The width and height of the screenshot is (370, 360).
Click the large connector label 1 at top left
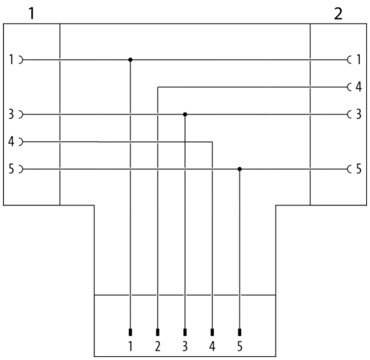tap(31, 14)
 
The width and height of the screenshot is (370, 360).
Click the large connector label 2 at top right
tap(338, 14)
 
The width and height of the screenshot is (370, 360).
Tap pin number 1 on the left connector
tap(11, 60)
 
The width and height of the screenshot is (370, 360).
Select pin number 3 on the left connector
tap(11, 114)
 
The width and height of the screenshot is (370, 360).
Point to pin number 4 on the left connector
tap(11, 141)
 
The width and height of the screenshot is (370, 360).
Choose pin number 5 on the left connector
tap(12, 169)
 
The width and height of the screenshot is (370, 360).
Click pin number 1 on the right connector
tap(358, 60)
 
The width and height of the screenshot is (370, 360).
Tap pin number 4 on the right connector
tap(359, 87)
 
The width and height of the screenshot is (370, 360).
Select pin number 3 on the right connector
tap(359, 114)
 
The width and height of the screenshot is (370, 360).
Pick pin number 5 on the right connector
tap(359, 169)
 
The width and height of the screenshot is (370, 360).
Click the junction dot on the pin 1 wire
tap(130, 60)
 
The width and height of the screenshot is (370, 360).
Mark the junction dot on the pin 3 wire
tap(185, 114)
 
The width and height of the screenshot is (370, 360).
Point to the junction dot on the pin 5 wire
tap(240, 169)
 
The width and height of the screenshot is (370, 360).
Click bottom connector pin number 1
tap(130, 347)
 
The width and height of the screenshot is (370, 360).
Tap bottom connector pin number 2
tap(158, 347)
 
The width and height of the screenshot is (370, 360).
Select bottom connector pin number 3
tap(185, 347)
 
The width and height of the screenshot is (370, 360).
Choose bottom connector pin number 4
tap(212, 347)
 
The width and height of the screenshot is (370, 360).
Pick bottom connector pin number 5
tap(240, 347)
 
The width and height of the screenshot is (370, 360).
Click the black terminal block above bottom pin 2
tap(158, 332)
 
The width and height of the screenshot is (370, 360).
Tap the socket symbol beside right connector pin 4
tap(349, 87)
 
